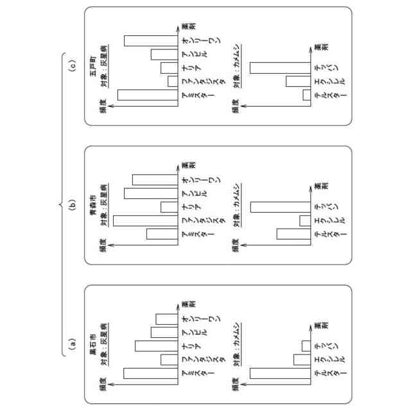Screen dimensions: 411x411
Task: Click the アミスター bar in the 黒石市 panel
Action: pos(149,373)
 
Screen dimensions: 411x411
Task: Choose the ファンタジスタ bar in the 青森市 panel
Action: pos(144,220)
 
